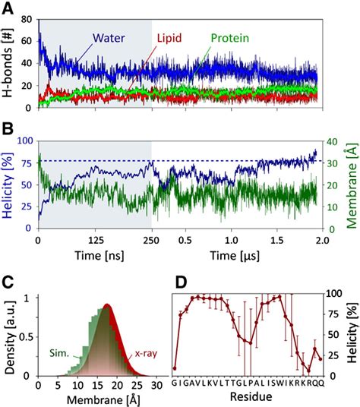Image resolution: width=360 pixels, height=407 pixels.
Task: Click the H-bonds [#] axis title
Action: pos(9,62)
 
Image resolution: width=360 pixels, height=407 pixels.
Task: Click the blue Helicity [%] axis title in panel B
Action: pos(9,184)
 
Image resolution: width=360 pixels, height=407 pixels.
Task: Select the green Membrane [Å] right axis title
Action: pos(352,184)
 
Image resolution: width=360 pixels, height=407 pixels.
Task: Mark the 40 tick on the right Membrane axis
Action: pos(333,141)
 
